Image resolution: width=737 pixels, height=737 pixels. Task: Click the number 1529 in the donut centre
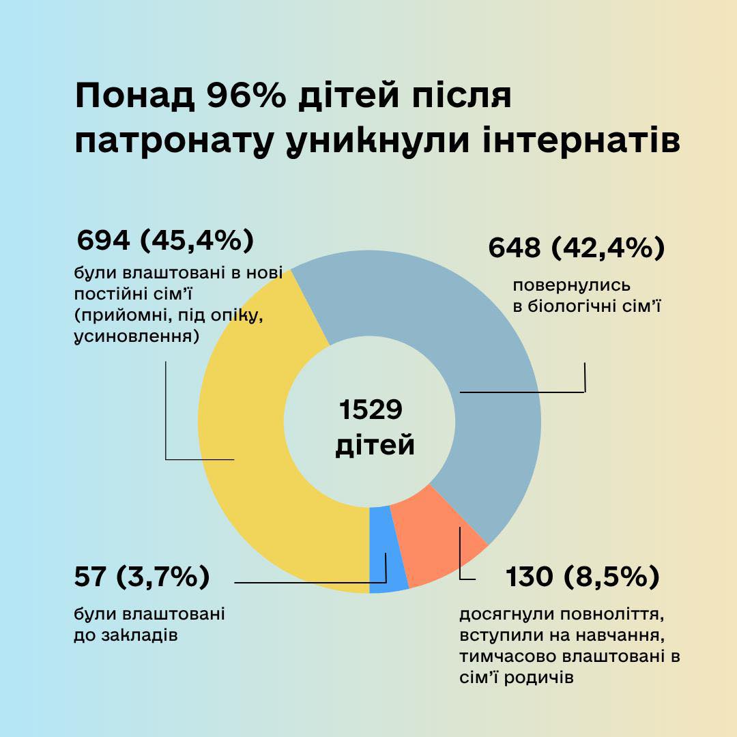coord(371,411)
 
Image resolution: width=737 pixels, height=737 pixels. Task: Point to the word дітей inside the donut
coord(375,445)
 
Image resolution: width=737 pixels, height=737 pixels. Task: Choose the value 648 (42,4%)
coord(577,248)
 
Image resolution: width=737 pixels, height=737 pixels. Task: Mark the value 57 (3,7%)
coord(141,577)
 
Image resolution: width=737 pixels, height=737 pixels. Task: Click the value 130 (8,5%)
coord(582,577)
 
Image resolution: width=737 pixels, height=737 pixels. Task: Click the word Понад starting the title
coord(134,97)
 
